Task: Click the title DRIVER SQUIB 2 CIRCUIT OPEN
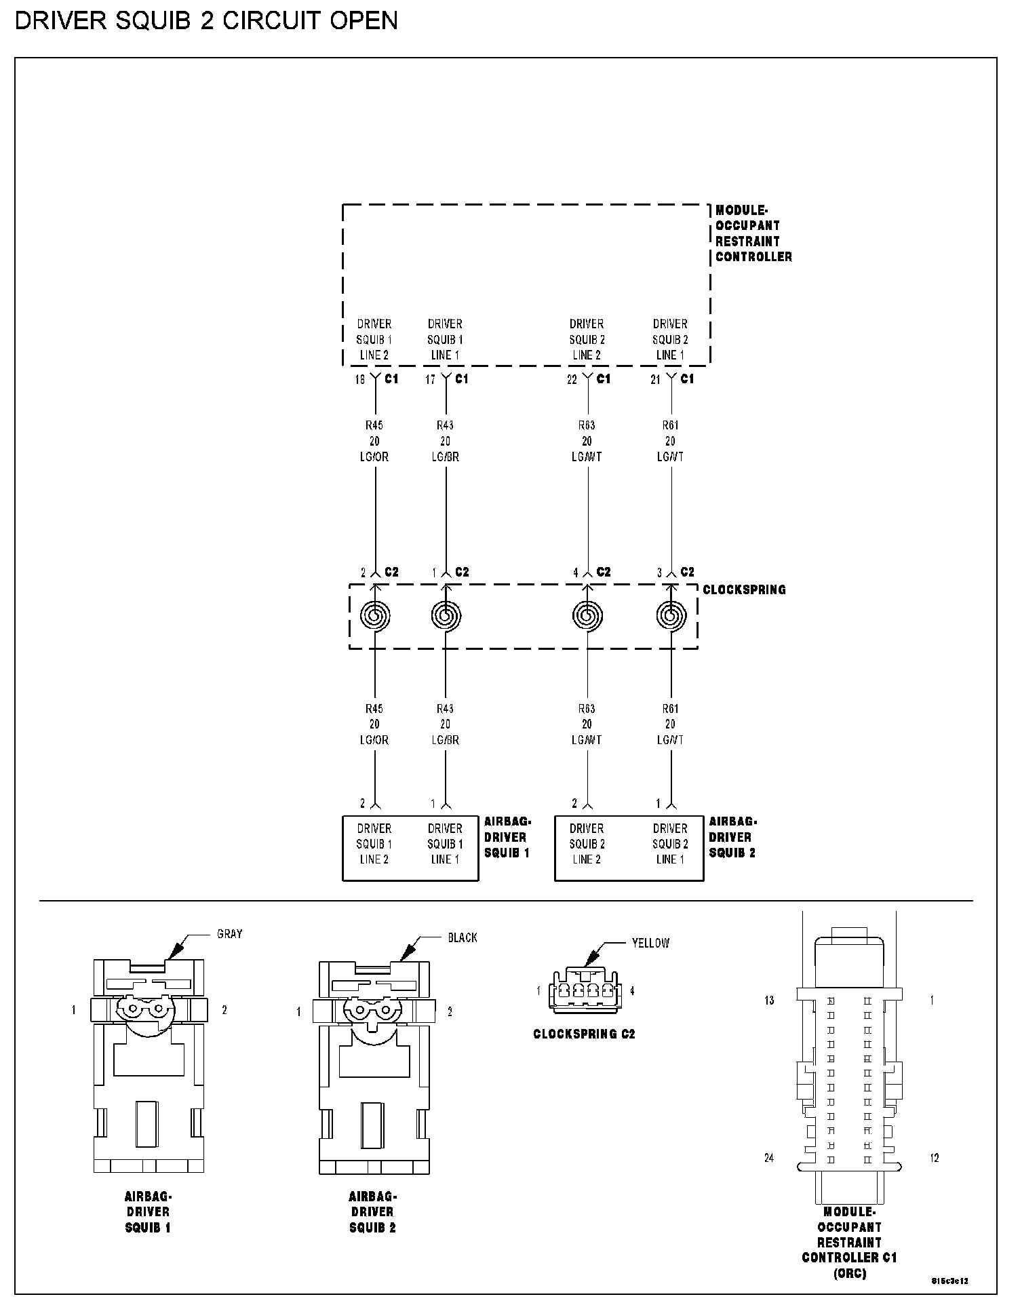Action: (x=206, y=21)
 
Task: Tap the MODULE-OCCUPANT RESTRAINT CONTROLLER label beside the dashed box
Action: (x=753, y=233)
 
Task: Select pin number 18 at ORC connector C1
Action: (x=359, y=380)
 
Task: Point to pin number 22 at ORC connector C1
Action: (x=572, y=380)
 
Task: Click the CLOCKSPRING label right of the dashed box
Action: (x=744, y=589)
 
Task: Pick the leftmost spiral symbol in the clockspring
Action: (x=374, y=616)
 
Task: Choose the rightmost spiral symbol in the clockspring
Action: (x=671, y=616)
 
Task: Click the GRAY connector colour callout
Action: (x=229, y=934)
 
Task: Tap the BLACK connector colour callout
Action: (x=463, y=937)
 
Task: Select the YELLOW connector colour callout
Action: (x=650, y=943)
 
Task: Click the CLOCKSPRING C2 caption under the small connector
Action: (x=584, y=1034)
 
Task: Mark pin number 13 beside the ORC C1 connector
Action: (x=769, y=1001)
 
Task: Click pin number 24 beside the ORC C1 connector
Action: (x=769, y=1158)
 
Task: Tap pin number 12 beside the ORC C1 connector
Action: (x=934, y=1158)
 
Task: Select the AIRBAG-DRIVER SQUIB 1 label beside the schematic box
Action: (x=507, y=836)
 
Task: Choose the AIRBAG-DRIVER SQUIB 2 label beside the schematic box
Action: (x=732, y=836)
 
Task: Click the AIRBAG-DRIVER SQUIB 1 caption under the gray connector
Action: (x=148, y=1211)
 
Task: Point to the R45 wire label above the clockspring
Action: (x=374, y=425)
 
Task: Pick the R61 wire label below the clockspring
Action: (x=670, y=709)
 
